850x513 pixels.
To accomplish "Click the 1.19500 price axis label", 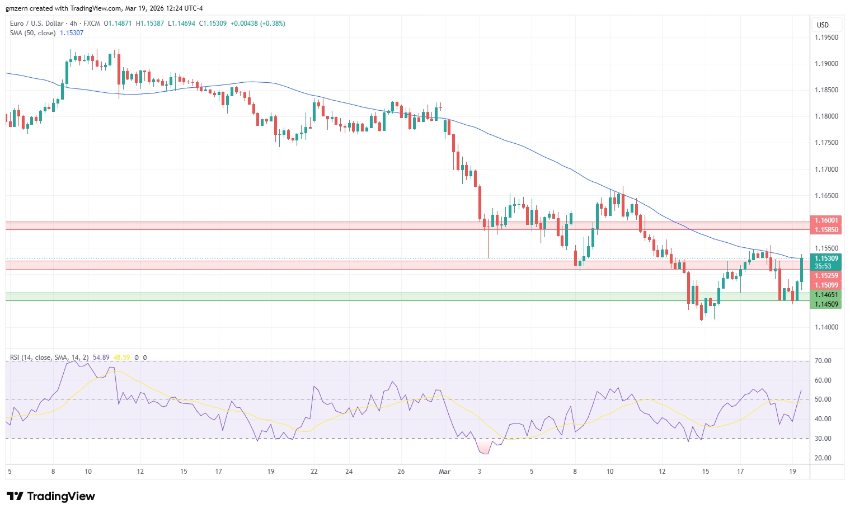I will click(826, 37).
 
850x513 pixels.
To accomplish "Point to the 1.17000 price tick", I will click(826, 170).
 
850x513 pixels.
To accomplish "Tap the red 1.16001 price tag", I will click(826, 220).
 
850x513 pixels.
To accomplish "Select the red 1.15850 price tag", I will click(826, 230).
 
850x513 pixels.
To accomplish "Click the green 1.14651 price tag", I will click(826, 295).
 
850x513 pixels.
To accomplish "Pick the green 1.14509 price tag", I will click(826, 304).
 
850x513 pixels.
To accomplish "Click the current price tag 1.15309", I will click(826, 258).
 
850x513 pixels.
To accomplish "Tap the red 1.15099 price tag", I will click(826, 285).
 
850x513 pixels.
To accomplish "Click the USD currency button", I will click(823, 25).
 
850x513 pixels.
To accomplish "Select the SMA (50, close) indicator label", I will click(32, 33).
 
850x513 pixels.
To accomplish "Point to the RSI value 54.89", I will click(101, 357).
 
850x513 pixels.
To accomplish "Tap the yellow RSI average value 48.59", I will click(121, 357).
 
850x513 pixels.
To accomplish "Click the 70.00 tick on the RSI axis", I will click(823, 361).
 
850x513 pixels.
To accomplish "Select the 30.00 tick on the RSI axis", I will click(823, 439).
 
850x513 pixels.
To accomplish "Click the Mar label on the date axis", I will click(445, 472).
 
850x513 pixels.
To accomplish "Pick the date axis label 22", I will click(314, 472).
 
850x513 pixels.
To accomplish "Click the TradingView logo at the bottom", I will click(51, 496).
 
